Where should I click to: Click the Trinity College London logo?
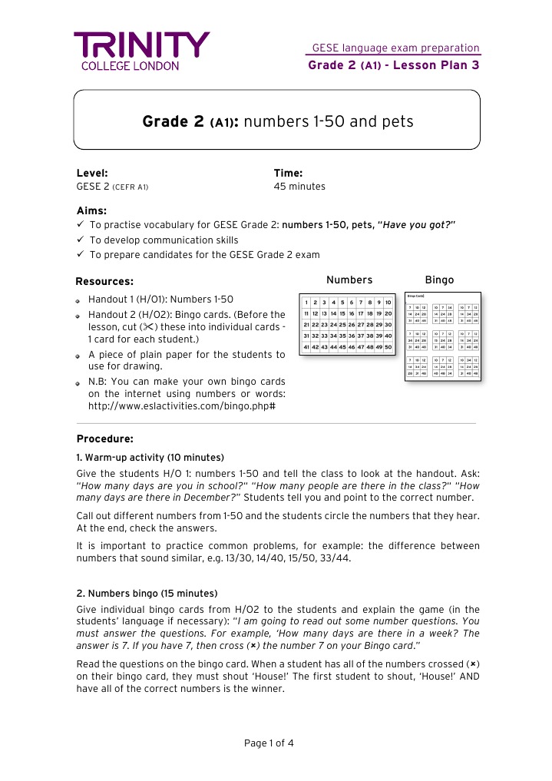pos(140,51)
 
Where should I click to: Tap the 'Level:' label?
pos(92,174)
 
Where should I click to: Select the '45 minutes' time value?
pos(299,187)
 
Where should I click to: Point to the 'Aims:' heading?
pos(91,210)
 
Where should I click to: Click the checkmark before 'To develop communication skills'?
pos(81,240)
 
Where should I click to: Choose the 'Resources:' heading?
pos(104,281)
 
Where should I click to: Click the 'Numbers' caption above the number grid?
pos(349,280)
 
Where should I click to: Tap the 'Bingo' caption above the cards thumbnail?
pos(439,280)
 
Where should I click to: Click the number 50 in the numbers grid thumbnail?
pos(388,347)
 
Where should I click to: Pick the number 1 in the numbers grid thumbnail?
pos(307,303)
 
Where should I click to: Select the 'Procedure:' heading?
pos(105,439)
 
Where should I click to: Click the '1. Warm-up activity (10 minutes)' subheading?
pos(150,457)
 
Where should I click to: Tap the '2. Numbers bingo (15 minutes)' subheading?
pos(147,594)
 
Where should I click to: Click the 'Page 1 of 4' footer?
pos(269,743)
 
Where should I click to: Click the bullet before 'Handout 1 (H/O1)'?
pos(79,300)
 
